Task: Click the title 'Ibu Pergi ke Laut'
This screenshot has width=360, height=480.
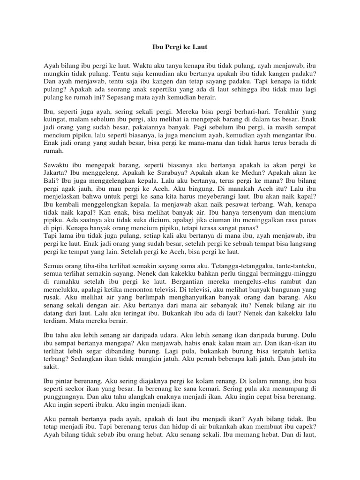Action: [x=180, y=47]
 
